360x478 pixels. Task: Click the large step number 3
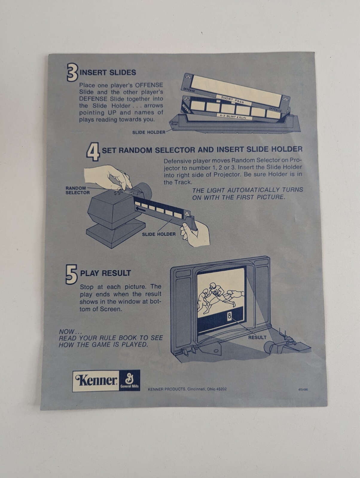(x=72, y=72)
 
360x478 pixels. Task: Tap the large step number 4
(x=93, y=152)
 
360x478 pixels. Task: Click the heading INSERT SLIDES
(x=108, y=73)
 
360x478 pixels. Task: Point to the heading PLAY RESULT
(x=106, y=273)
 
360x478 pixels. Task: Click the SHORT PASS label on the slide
(x=232, y=100)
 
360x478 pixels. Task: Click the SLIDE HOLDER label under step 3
(x=149, y=132)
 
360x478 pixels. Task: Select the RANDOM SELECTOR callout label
(x=77, y=190)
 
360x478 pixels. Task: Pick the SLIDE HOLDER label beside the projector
(x=159, y=234)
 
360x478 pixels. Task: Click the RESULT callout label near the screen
(x=257, y=338)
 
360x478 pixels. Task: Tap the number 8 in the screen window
(x=229, y=316)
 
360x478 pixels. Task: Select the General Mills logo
(x=129, y=380)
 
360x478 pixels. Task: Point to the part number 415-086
(x=303, y=390)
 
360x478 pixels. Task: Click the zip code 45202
(x=221, y=389)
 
